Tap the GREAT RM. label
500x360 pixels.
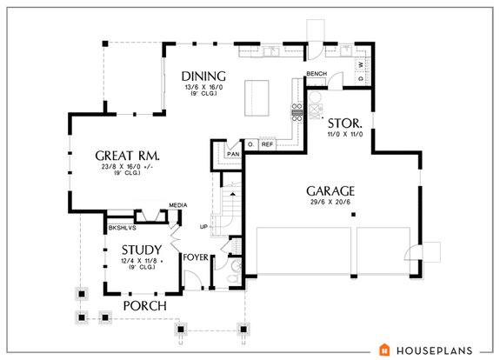pyautogui.click(x=130, y=156)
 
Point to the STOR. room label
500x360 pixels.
pyautogui.click(x=343, y=123)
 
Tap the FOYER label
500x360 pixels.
pyautogui.click(x=194, y=257)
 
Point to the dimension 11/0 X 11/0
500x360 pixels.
pyautogui.click(x=343, y=136)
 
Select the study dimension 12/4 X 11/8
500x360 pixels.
pyautogui.click(x=137, y=261)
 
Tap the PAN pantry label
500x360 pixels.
pyautogui.click(x=232, y=154)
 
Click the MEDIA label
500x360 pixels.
pyautogui.click(x=178, y=205)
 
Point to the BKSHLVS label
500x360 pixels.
pyautogui.click(x=120, y=230)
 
